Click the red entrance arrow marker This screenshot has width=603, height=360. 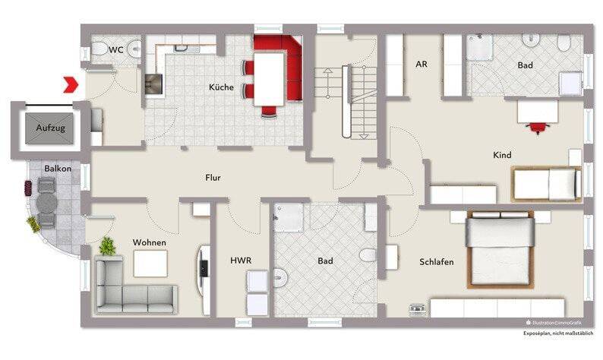coord(71,84)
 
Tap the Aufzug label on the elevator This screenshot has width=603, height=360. coord(50,128)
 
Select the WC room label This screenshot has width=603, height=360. coord(115,49)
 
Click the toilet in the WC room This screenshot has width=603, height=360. coord(99,49)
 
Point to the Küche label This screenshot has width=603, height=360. coord(221,87)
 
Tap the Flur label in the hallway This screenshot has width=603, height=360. coord(213,178)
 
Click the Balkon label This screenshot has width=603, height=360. coord(58,169)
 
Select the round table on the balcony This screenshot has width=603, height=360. coord(46,203)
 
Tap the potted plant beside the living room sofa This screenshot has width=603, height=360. coord(108,246)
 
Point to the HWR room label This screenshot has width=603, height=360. coord(241,261)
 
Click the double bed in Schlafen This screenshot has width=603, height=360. coord(500,249)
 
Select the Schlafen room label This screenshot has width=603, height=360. coord(437,262)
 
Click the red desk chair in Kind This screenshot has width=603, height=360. coord(538,128)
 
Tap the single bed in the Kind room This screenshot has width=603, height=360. coord(547,185)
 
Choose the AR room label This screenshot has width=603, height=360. coord(421,65)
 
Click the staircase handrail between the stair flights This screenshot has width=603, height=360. coord(346,101)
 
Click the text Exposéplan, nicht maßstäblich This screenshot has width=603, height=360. coord(558,334)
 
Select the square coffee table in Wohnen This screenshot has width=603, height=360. coord(150,264)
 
